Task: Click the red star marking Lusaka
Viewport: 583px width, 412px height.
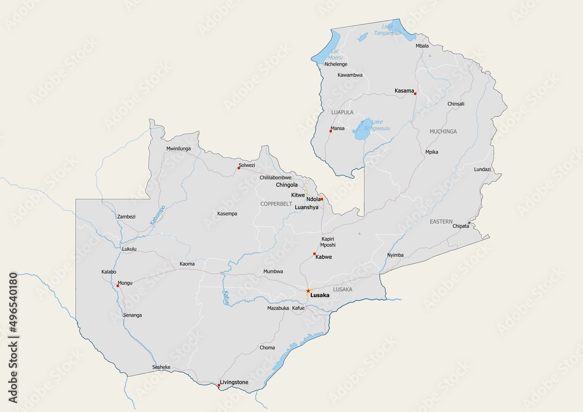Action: point(308,290)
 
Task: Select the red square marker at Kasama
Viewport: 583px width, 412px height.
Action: point(415,93)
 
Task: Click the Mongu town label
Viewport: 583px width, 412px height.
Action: point(125,283)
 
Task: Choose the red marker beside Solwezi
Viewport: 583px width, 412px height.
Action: point(238,168)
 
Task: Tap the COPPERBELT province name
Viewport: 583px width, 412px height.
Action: point(276,203)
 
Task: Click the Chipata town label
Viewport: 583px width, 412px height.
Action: point(461,226)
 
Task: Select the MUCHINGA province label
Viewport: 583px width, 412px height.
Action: point(443,132)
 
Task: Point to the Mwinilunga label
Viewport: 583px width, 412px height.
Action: point(178,149)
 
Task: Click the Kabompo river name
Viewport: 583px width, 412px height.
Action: point(157,214)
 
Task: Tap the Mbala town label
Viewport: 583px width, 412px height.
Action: point(422,45)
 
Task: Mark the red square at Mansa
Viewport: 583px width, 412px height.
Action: point(331,131)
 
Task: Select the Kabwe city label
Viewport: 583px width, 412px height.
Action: point(324,256)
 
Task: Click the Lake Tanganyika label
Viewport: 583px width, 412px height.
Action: point(391,30)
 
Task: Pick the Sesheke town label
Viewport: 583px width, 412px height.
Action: point(161,367)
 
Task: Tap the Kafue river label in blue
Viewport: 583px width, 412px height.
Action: point(226,298)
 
